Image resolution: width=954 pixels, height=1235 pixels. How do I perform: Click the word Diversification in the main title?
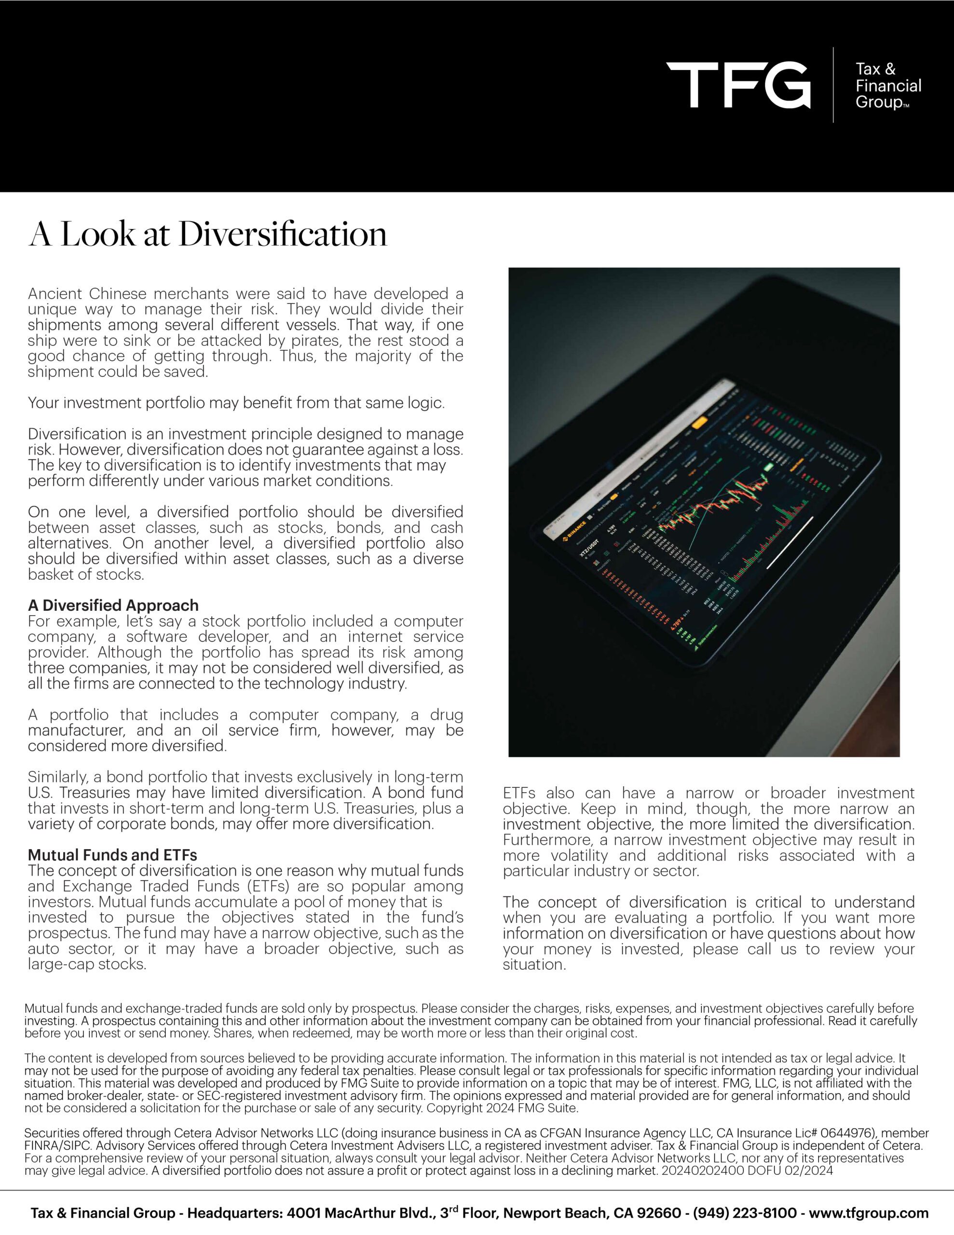(283, 234)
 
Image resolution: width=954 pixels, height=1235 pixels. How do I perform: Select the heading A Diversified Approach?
(113, 605)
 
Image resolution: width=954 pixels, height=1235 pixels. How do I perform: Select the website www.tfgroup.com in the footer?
(869, 1212)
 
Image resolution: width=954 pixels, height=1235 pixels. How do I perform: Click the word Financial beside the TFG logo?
(888, 86)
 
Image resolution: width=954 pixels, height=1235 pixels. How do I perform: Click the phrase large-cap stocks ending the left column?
(87, 964)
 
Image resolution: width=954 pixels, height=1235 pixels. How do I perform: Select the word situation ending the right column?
(533, 964)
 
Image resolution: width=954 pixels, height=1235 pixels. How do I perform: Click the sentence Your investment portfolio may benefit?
(236, 403)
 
